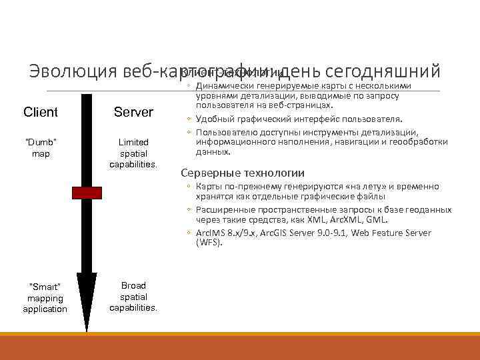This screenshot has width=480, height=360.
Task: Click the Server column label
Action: pyautogui.click(x=133, y=112)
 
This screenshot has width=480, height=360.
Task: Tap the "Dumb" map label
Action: pyautogui.click(x=41, y=148)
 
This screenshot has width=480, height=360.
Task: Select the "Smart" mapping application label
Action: pyautogui.click(x=45, y=298)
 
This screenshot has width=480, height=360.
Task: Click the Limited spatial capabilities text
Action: pyautogui.click(x=133, y=153)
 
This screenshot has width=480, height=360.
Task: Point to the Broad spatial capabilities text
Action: pyautogui.click(x=133, y=297)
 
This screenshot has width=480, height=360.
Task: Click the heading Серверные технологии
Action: pyautogui.click(x=243, y=172)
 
